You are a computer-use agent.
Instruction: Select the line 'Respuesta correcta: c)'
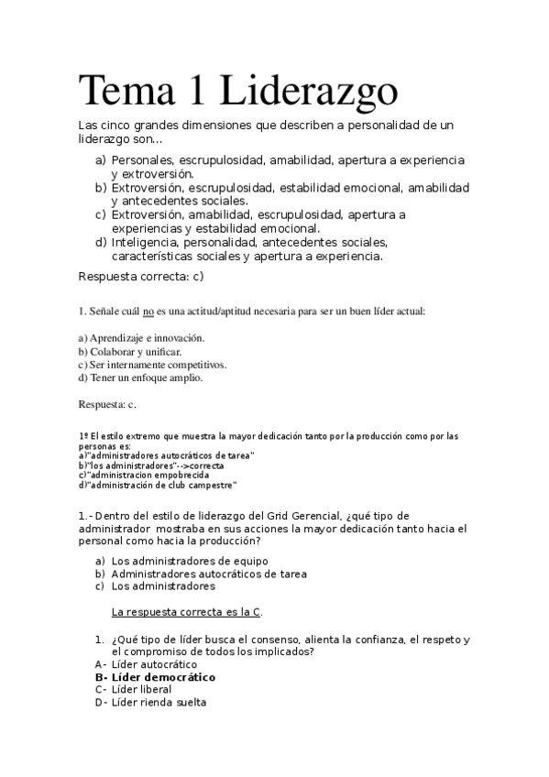140,275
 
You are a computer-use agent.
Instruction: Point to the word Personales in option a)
143,159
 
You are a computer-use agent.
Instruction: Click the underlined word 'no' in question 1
148,312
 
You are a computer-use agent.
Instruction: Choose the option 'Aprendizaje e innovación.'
141,337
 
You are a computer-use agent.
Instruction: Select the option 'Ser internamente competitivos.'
152,364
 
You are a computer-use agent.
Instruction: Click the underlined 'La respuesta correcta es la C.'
192,611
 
